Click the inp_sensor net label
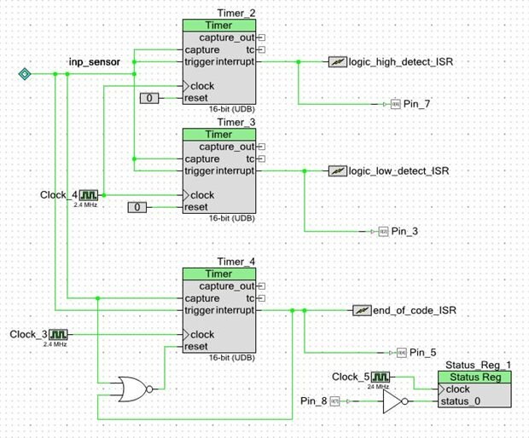pyautogui.click(x=95, y=63)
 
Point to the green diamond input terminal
pyautogui.click(x=25, y=75)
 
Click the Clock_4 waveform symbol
pyautogui.click(x=89, y=195)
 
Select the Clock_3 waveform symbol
pyautogui.click(x=57, y=334)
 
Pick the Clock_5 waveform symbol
pyautogui.click(x=381, y=377)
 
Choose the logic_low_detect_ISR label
pyautogui.click(x=397, y=171)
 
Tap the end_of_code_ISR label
pyautogui.click(x=415, y=310)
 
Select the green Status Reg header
pyautogui.click(x=474, y=377)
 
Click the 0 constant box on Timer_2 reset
pyautogui.click(x=151, y=99)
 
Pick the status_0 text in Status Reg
pyautogui.click(x=462, y=401)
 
